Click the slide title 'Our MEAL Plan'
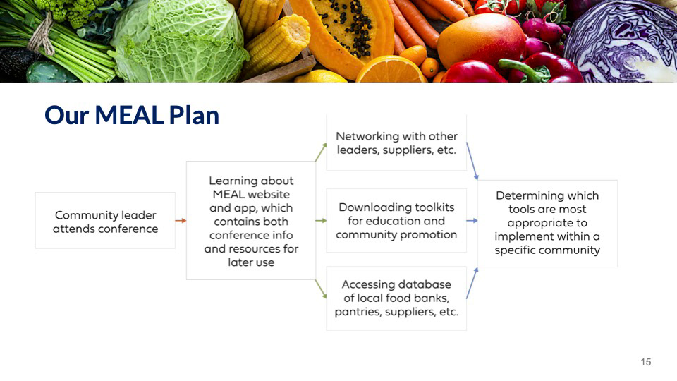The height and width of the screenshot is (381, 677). tap(132, 115)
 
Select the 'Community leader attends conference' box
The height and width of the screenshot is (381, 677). tap(105, 220)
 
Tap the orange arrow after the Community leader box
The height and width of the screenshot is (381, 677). tap(181, 221)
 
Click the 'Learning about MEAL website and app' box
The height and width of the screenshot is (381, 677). tap(251, 221)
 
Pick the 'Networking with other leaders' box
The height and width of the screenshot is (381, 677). tap(396, 143)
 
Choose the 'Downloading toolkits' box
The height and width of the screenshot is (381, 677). tap(396, 220)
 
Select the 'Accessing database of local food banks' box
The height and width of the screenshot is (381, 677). tap(396, 298)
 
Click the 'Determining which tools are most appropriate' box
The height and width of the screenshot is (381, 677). tap(547, 224)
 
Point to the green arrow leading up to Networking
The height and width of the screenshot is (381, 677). tap(321, 152)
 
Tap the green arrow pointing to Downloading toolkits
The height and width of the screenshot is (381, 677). tap(322, 221)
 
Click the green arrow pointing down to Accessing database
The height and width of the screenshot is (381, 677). tap(321, 289)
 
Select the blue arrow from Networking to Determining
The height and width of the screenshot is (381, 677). tap(472, 161)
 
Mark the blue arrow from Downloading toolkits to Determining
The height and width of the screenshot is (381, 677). tap(472, 221)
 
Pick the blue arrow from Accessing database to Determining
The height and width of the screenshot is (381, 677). tap(472, 283)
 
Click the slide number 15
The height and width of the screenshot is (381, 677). tap(646, 362)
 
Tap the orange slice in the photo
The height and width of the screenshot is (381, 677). tap(391, 71)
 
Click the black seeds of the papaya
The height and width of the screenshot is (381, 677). tap(348, 26)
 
